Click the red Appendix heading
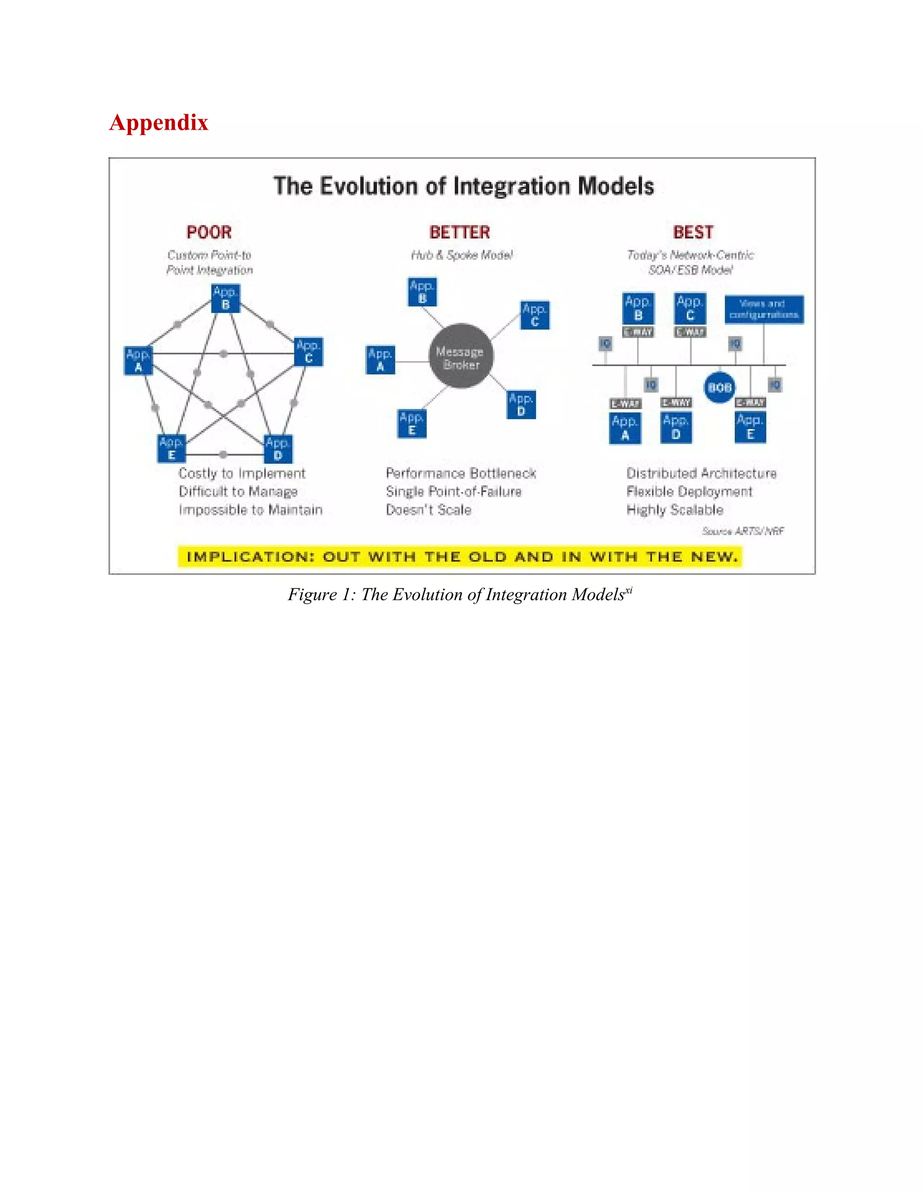[x=158, y=122]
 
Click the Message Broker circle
[x=461, y=356]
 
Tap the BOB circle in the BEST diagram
[x=719, y=388]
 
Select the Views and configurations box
[x=764, y=310]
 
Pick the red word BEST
[x=692, y=232]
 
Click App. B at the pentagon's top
[x=226, y=298]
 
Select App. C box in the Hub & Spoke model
[x=535, y=315]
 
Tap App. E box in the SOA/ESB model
[x=750, y=427]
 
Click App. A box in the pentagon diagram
[x=138, y=361]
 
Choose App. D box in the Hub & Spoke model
[x=520, y=405]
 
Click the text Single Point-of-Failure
[x=453, y=492]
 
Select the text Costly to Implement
[x=241, y=474]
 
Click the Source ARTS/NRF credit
[x=742, y=531]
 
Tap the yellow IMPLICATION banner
[x=460, y=556]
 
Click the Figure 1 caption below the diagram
[x=460, y=594]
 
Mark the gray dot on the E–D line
[x=223, y=455]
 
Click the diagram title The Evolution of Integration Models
[x=463, y=186]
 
